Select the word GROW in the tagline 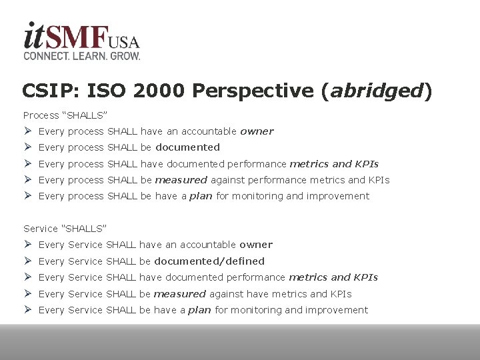click(x=125, y=57)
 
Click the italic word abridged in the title click(x=378, y=91)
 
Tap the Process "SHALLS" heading click(x=65, y=115)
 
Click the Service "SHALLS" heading click(x=65, y=229)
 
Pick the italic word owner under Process click(x=257, y=131)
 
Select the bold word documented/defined click(x=210, y=261)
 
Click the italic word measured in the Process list click(x=181, y=180)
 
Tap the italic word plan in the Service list click(x=199, y=310)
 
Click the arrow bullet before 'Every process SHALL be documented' click(x=27, y=147)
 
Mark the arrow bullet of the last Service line click(x=27, y=310)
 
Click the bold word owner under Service click(x=256, y=245)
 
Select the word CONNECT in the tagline click(x=45, y=57)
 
